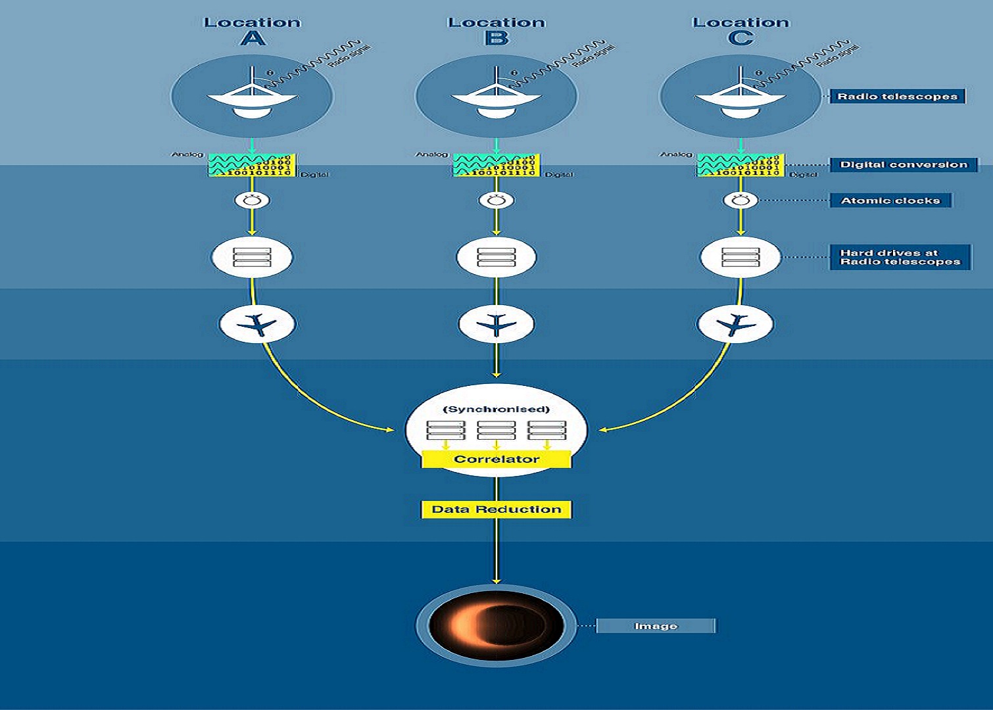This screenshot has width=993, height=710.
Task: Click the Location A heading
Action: [x=253, y=30]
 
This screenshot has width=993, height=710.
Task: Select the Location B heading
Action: [x=496, y=30]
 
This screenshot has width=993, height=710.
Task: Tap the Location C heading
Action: [x=740, y=30]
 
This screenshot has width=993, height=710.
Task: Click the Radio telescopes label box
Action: [x=897, y=97]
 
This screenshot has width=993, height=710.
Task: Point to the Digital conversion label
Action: [x=904, y=164]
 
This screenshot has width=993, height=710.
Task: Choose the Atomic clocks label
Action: [x=890, y=201]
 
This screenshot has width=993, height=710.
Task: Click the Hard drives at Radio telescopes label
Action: [x=900, y=257]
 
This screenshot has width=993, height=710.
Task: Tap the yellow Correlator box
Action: [x=496, y=459]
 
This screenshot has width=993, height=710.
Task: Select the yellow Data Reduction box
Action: [x=496, y=509]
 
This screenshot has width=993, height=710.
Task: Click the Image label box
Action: [x=656, y=626]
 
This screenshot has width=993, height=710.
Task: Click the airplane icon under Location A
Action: [x=257, y=324]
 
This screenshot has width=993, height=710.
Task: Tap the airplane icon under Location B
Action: [x=496, y=324]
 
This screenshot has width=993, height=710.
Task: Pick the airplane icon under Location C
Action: [x=735, y=324]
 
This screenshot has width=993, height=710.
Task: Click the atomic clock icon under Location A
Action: [x=252, y=201]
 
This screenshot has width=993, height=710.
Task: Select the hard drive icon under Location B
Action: [x=496, y=257]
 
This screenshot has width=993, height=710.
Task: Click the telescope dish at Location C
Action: [x=740, y=99]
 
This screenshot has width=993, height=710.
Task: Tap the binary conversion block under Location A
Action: [x=253, y=165]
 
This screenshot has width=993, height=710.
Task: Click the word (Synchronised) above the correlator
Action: [x=496, y=409]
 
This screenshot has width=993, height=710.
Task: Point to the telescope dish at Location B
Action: [x=496, y=99]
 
